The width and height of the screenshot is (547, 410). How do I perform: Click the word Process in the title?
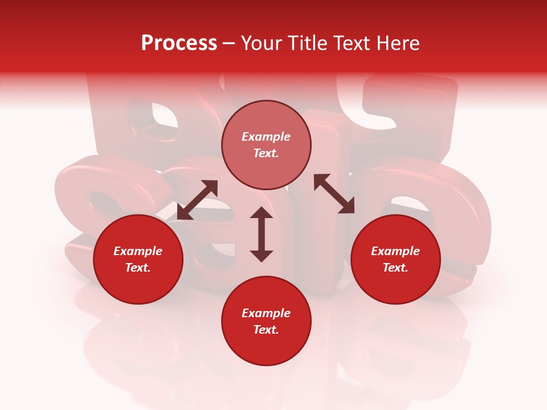(179, 43)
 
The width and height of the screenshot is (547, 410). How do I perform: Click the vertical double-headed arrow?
(262, 235)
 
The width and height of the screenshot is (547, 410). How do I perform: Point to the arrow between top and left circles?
(197, 200)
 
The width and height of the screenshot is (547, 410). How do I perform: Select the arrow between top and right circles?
(334, 194)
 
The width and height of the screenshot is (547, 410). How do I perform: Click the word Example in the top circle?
(266, 137)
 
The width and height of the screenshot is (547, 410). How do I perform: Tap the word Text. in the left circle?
(138, 268)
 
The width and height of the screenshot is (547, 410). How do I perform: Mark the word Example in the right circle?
(395, 251)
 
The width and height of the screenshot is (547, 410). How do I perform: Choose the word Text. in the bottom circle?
(266, 330)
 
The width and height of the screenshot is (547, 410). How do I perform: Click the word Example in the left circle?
(138, 251)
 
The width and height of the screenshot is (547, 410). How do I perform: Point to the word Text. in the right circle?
(395, 268)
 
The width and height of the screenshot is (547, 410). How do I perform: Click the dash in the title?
(229, 43)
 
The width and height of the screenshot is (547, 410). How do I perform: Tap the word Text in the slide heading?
(351, 43)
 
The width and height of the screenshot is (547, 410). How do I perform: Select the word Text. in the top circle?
(266, 153)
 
